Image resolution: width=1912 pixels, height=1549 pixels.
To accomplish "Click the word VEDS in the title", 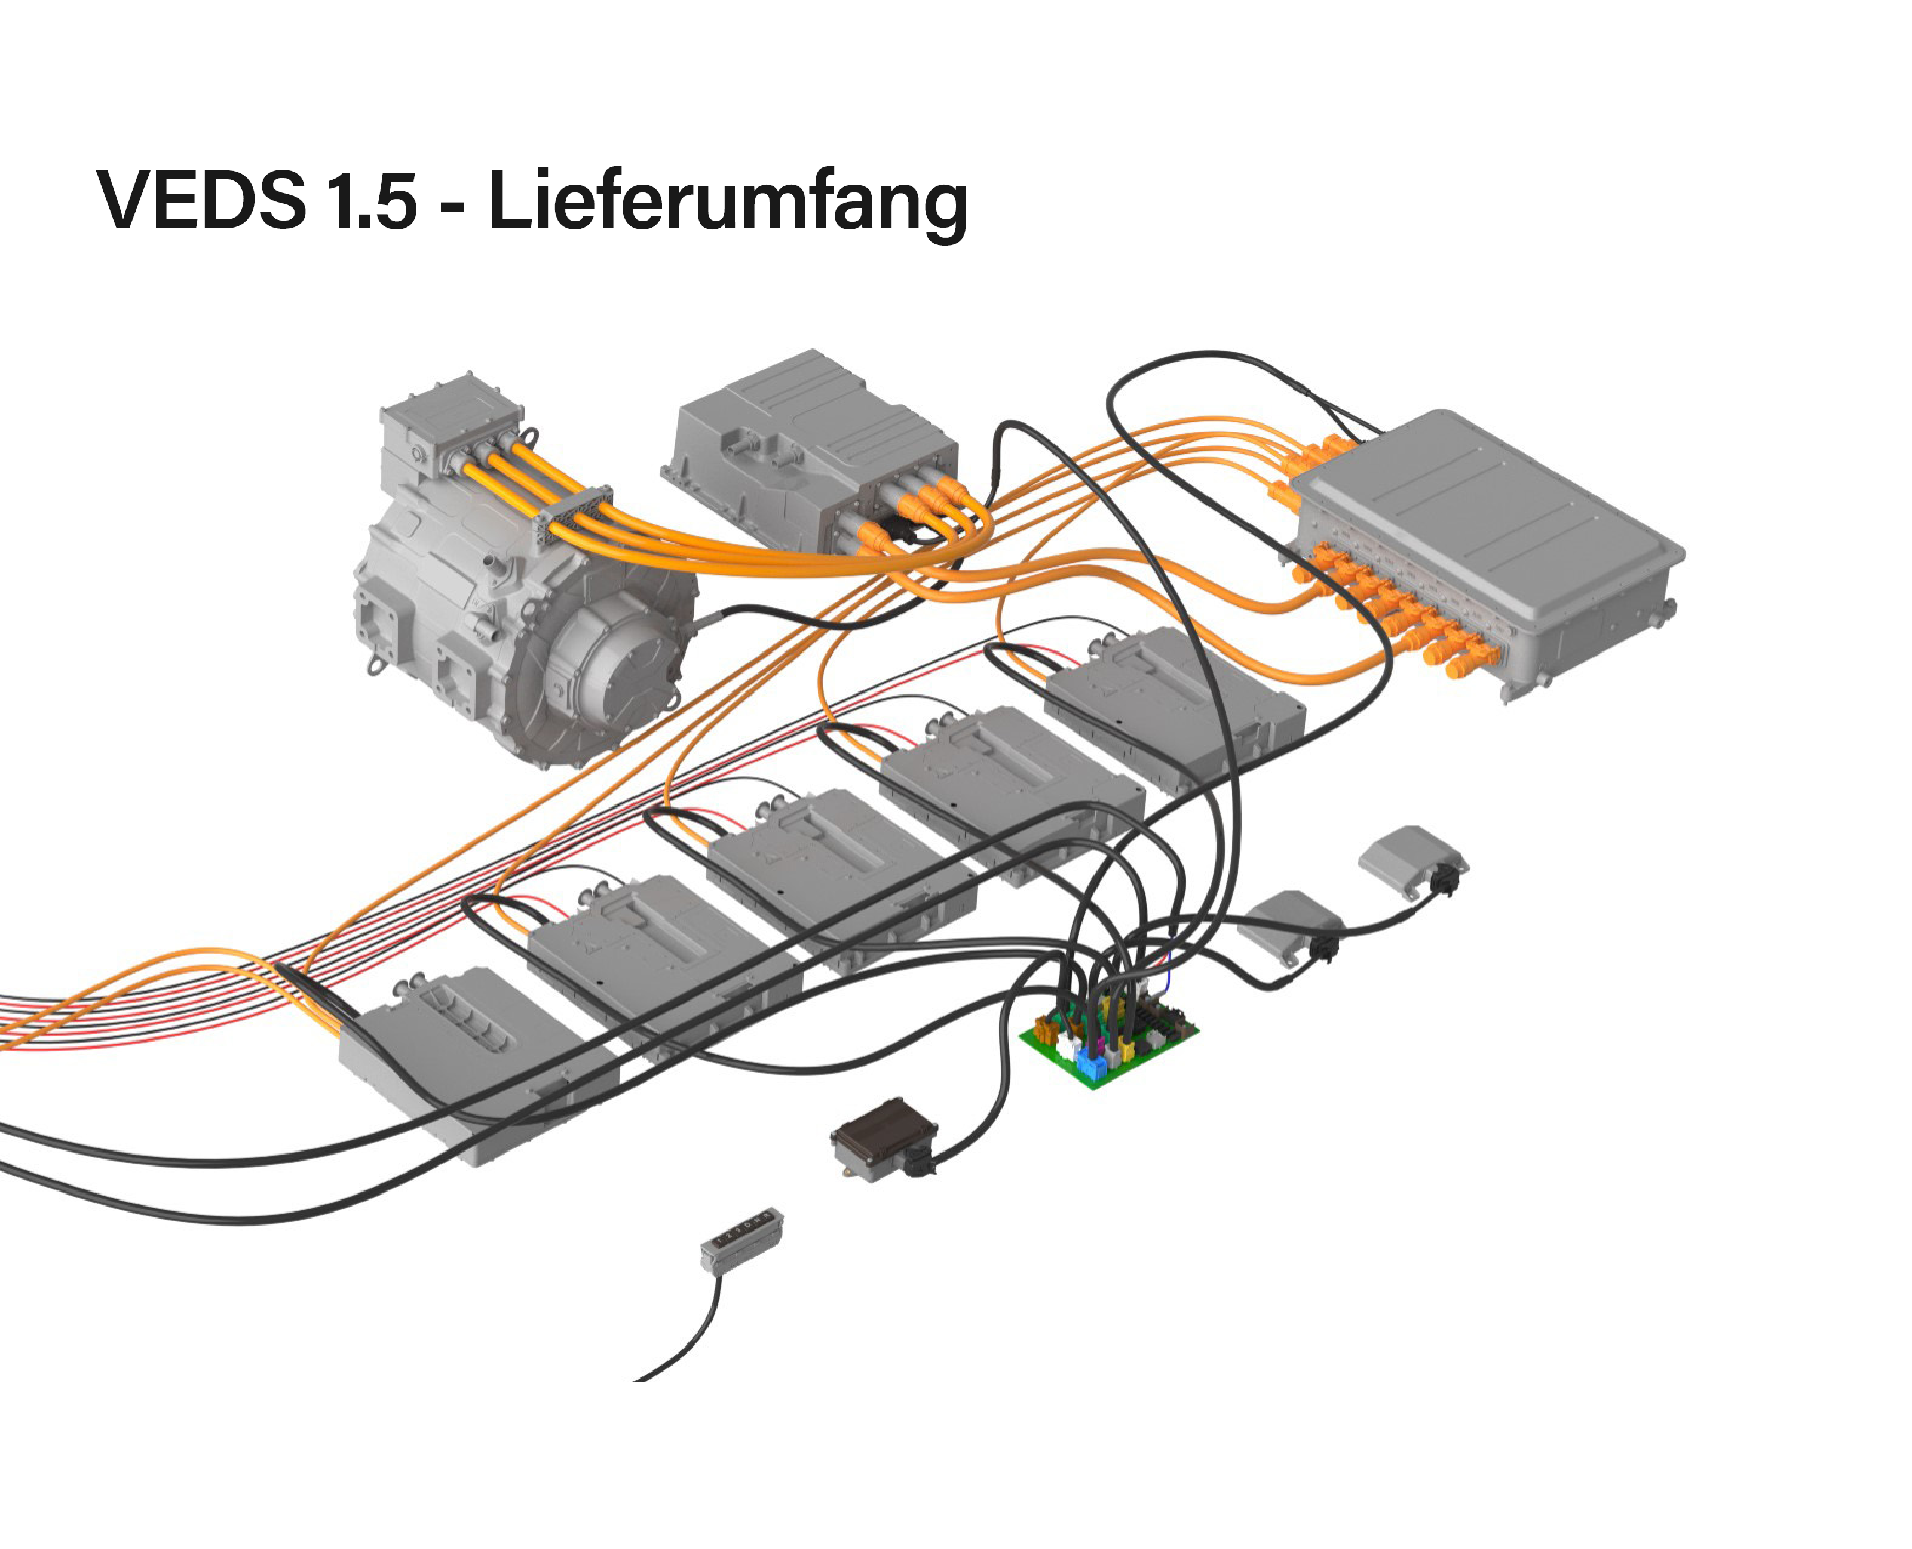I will point(201,201).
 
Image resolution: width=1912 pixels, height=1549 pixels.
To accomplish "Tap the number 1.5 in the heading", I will point(371,201).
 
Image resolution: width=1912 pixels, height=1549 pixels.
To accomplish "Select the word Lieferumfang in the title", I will point(727,203).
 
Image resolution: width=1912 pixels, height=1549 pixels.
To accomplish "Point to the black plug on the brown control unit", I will point(919,1160).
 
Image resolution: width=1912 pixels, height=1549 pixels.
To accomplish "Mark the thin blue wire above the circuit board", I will point(1168,968).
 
